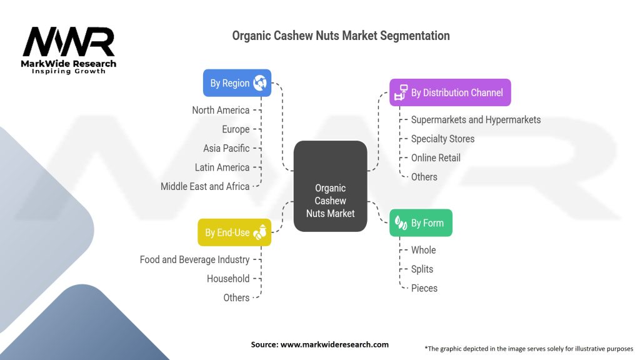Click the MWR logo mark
(x=69, y=42)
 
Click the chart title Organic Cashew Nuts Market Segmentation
(x=341, y=36)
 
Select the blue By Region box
(x=237, y=83)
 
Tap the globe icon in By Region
(x=259, y=83)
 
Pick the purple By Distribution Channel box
(x=450, y=92)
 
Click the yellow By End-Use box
(x=234, y=232)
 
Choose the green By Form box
(x=421, y=223)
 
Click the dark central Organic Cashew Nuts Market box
(x=330, y=186)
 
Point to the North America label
(x=221, y=110)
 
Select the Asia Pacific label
(x=226, y=148)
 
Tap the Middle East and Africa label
(x=205, y=186)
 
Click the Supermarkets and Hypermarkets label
(x=476, y=120)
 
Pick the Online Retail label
(x=436, y=158)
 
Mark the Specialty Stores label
(x=443, y=139)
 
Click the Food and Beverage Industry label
(x=195, y=259)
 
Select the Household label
(x=228, y=279)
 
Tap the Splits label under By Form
(x=422, y=269)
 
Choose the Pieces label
(x=424, y=288)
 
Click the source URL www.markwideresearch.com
(x=334, y=344)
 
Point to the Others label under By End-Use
(x=236, y=298)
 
